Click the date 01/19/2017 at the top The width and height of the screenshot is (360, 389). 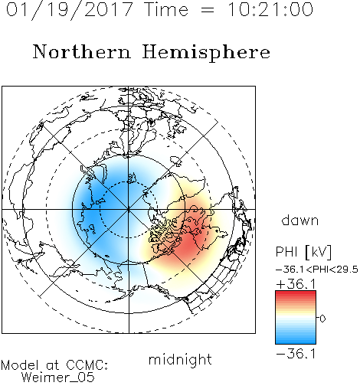click(x=69, y=10)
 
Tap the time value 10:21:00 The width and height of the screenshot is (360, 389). click(x=270, y=9)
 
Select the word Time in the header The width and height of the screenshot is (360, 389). click(x=166, y=9)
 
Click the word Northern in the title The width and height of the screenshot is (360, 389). click(x=82, y=52)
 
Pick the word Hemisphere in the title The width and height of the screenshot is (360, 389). click(x=206, y=53)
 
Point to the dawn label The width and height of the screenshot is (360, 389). click(x=300, y=220)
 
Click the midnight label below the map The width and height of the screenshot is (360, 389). click(x=180, y=359)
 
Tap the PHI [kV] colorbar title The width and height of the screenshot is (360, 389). click(x=303, y=252)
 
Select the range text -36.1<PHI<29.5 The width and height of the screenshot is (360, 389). click(x=317, y=270)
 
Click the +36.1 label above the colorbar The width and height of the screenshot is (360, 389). click(x=296, y=284)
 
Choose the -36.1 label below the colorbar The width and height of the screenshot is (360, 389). click(x=296, y=354)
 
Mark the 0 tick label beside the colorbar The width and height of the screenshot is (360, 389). click(x=322, y=319)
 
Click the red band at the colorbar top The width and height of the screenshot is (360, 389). click(x=296, y=294)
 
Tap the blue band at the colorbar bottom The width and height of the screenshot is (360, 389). click(x=296, y=340)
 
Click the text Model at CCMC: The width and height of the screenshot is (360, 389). click(x=54, y=365)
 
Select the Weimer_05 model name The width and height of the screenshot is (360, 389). click(x=58, y=377)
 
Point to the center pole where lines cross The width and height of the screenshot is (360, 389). click(x=129, y=209)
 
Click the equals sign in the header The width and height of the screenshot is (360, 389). click(x=208, y=10)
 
